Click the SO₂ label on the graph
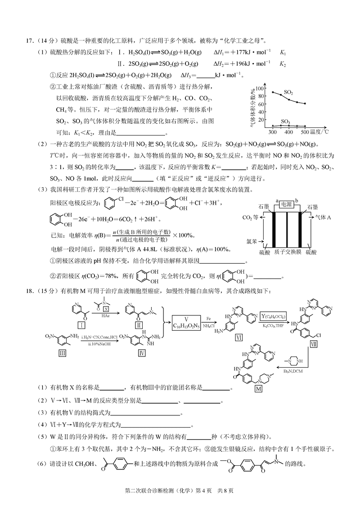[x=288, y=92]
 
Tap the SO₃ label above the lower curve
[x=285, y=121]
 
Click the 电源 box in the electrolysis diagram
[x=286, y=204]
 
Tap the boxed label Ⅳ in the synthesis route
[x=142, y=354]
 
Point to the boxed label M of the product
[x=258, y=390]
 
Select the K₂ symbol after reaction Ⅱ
[x=283, y=63]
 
